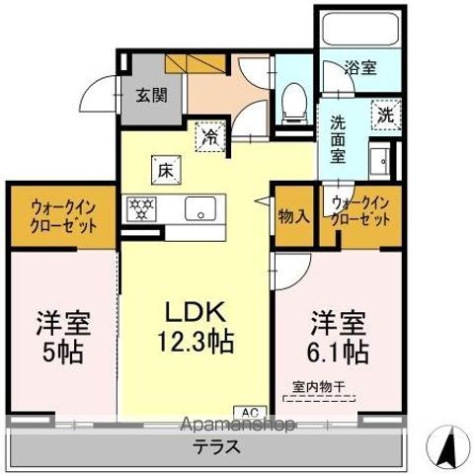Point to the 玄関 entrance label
[x=150, y=96]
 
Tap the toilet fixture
[x=293, y=102]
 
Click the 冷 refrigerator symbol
[x=211, y=134]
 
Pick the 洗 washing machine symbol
[x=385, y=115]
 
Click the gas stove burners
[x=141, y=208]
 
